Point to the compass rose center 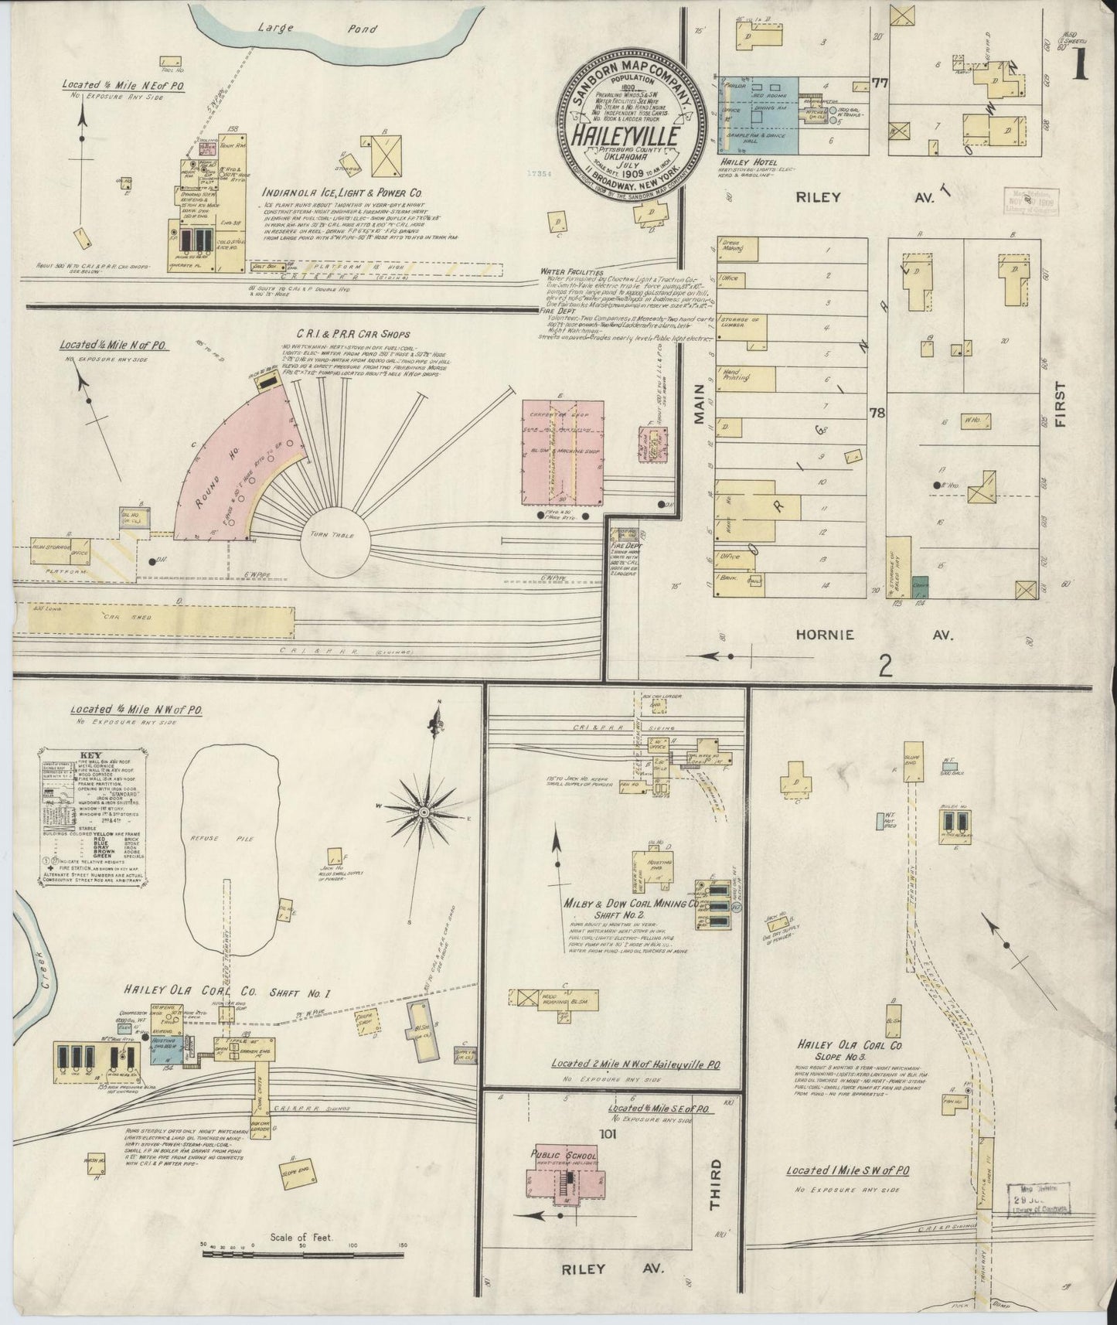(x=423, y=812)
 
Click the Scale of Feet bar (x=304, y=1254)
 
